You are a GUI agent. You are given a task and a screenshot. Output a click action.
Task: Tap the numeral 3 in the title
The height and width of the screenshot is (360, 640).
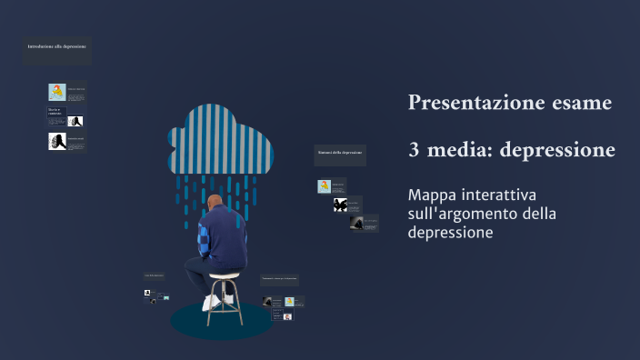point(414,150)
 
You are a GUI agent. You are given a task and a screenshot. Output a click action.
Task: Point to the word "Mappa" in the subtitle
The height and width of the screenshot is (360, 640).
point(431,195)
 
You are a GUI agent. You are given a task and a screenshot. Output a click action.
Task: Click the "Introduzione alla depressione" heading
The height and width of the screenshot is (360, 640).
point(57,46)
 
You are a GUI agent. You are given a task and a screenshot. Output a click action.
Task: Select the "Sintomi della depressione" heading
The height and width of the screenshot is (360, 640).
point(340,153)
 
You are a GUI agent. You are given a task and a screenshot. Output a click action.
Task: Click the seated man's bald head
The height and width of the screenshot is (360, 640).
point(215,201)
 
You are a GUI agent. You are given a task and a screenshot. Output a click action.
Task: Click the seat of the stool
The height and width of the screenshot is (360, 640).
point(225,275)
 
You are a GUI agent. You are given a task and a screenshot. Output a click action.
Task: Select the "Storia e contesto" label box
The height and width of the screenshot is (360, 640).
point(56,113)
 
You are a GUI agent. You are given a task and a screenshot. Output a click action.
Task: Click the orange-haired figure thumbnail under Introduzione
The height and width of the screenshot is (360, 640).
point(56,92)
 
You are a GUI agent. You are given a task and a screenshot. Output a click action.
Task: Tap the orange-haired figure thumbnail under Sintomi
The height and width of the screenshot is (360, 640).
point(324,186)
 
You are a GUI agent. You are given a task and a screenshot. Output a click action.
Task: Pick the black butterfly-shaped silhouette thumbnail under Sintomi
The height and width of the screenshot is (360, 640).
point(340,205)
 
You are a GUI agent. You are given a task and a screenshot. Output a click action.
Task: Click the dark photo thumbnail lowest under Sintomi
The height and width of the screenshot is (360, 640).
point(357,223)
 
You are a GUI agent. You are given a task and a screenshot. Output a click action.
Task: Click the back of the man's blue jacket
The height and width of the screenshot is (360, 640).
point(224,238)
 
